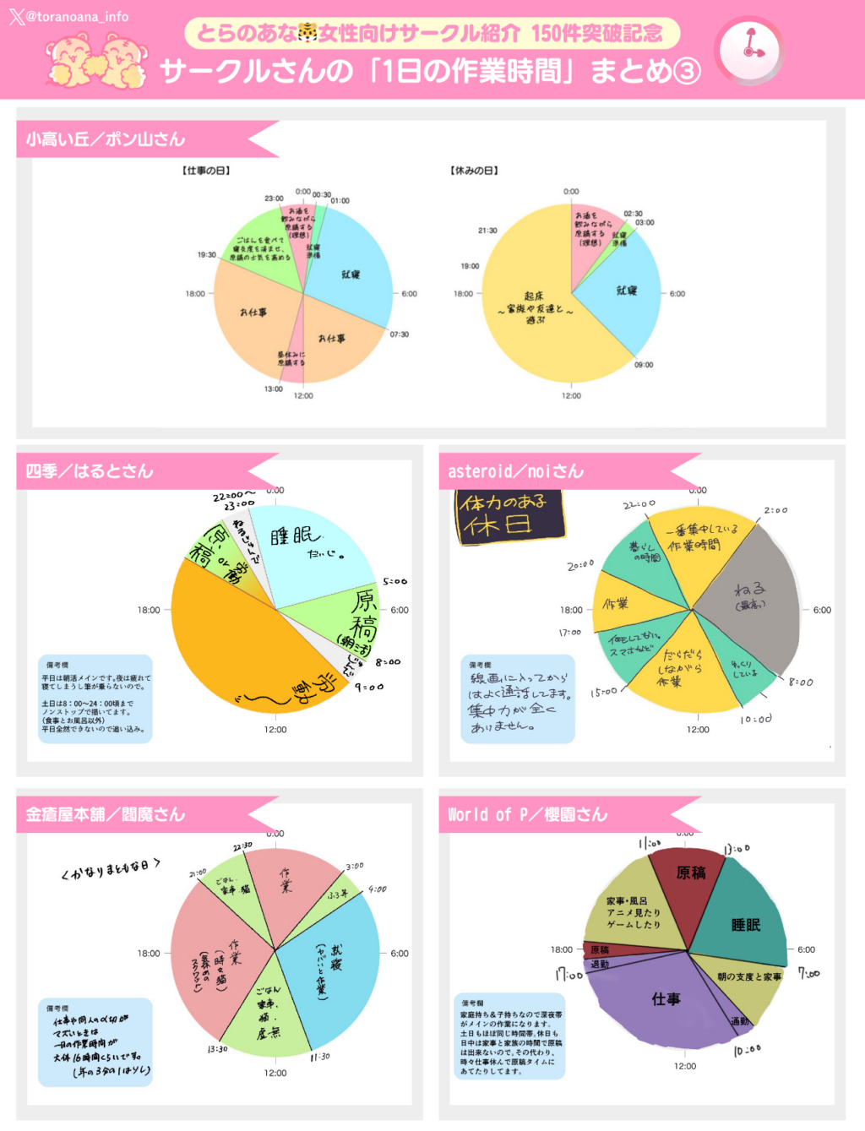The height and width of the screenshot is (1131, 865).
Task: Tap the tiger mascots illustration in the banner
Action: tap(95, 61)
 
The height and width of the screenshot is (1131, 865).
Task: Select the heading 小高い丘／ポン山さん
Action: tap(106, 139)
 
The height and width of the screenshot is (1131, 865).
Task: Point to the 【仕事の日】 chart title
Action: tap(206, 171)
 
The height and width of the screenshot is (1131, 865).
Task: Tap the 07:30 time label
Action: tap(399, 334)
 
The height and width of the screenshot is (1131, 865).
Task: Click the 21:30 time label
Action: tap(487, 230)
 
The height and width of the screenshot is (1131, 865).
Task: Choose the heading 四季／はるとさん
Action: tap(90, 471)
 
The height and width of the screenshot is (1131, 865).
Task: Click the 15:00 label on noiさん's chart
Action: tap(603, 692)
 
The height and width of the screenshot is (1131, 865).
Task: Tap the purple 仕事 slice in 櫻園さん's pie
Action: tap(659, 1005)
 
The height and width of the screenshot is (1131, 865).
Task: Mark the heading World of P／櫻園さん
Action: tap(527, 814)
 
